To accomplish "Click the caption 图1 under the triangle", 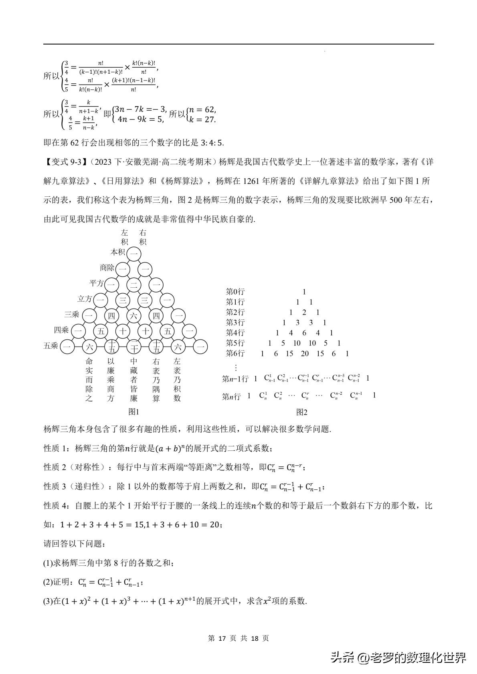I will coord(133,412).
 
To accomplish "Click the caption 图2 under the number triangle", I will coord(301,412).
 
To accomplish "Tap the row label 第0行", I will coord(235,292).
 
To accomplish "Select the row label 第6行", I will coord(235,353).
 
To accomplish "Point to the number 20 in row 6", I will coord(305,353).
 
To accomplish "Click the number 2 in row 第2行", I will coord(304,312).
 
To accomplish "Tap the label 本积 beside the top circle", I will coord(118,252).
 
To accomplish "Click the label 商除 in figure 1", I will coord(107,268).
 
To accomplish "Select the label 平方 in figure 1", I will coord(96,283).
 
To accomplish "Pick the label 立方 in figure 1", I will coord(85,299).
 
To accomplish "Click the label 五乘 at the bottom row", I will coord(51,346).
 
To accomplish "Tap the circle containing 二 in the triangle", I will coord(134,285).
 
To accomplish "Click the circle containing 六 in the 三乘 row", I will coord(134,316).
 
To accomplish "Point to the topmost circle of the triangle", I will coord(134,254).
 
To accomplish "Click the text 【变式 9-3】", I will coord(65,162).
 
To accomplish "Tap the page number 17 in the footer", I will coord(222,638).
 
